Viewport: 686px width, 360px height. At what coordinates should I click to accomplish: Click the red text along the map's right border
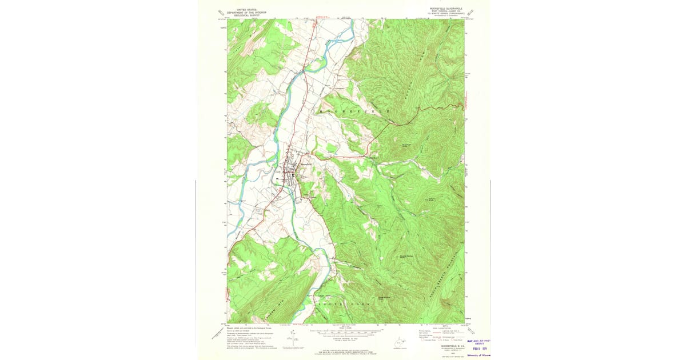pyautogui.click(x=467, y=104)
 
